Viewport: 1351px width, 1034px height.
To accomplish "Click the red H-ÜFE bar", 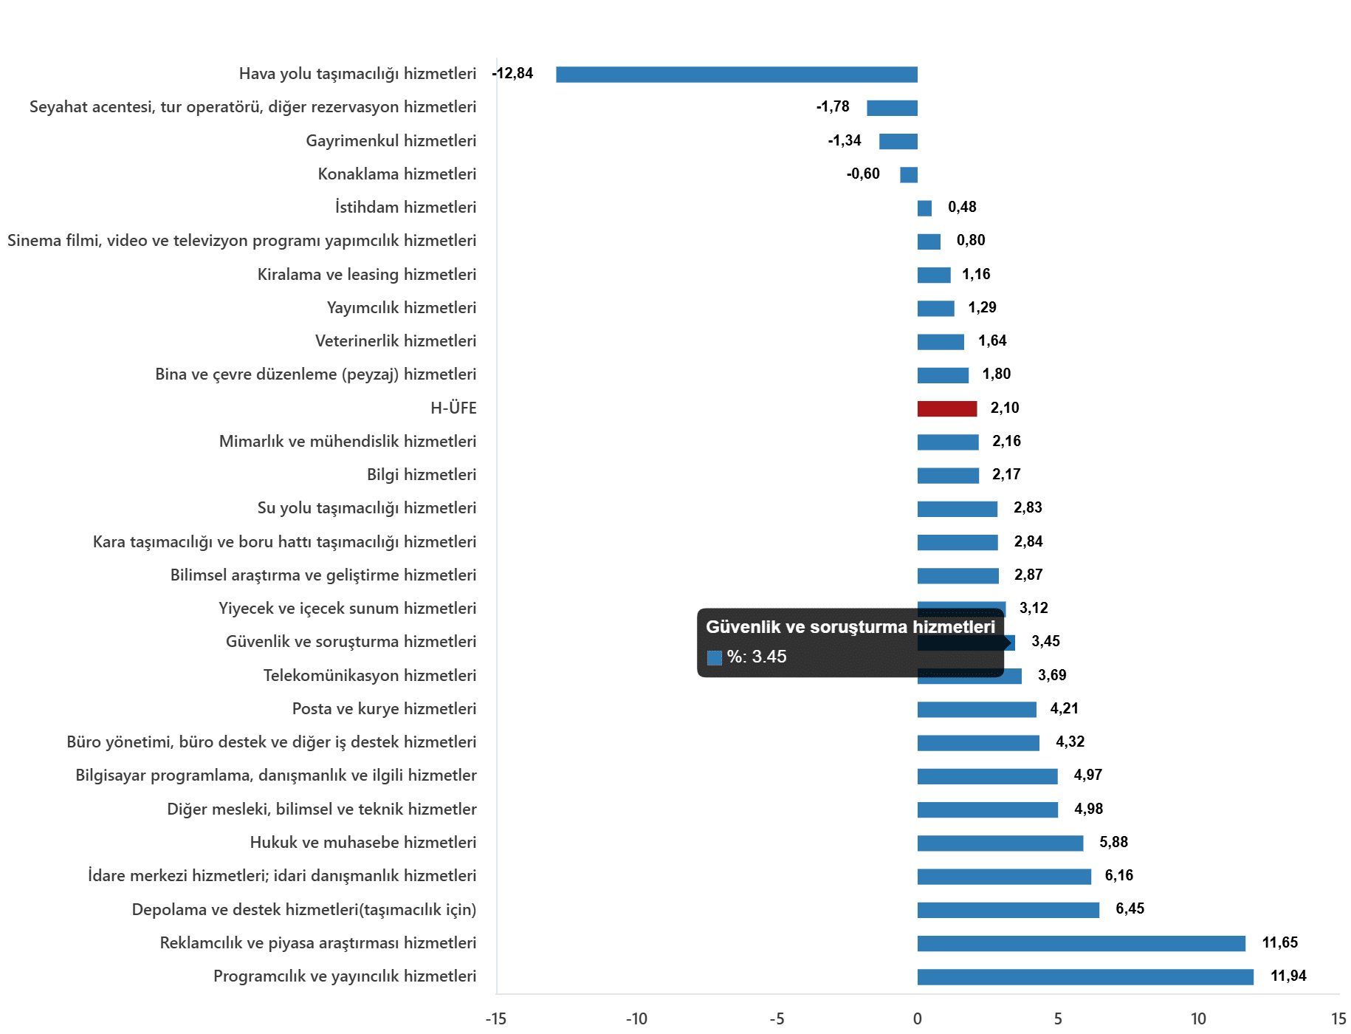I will pyautogui.click(x=947, y=409).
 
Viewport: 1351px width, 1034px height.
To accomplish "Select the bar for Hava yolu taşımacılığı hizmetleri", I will pyautogui.click(x=737, y=75).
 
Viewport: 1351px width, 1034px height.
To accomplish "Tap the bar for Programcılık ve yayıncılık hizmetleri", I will pyautogui.click(x=1085, y=977).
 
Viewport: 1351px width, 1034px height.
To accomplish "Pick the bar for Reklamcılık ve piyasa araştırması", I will pyautogui.click(x=1082, y=944).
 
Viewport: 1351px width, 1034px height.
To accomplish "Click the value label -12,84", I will pyautogui.click(x=513, y=74).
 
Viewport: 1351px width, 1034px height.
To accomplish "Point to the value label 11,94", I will pyautogui.click(x=1288, y=976).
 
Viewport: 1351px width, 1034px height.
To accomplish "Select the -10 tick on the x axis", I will pyautogui.click(x=636, y=1019).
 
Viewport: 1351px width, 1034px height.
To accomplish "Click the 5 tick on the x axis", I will pyautogui.click(x=1058, y=1019).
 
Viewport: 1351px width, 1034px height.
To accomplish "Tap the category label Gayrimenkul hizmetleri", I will pyautogui.click(x=391, y=141).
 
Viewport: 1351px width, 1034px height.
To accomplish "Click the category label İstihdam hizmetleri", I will pyautogui.click(x=405, y=208).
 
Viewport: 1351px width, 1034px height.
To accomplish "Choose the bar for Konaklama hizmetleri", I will pyautogui.click(x=909, y=175).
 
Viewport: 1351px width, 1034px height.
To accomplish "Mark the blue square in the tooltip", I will pyautogui.click(x=714, y=657).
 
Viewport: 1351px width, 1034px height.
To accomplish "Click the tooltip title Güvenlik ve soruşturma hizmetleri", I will pyautogui.click(x=850, y=627).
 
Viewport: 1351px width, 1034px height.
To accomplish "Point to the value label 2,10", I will pyautogui.click(x=1005, y=408).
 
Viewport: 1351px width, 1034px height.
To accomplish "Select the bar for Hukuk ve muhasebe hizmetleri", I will pyautogui.click(x=1000, y=843).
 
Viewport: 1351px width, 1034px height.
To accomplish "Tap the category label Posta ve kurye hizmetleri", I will pyautogui.click(x=384, y=709).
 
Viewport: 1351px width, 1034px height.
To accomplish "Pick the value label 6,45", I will pyautogui.click(x=1130, y=909).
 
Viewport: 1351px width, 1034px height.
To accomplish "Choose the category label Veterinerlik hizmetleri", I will pyautogui.click(x=396, y=341).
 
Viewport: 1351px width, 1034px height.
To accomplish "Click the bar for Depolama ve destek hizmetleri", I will pyautogui.click(x=1008, y=910).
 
